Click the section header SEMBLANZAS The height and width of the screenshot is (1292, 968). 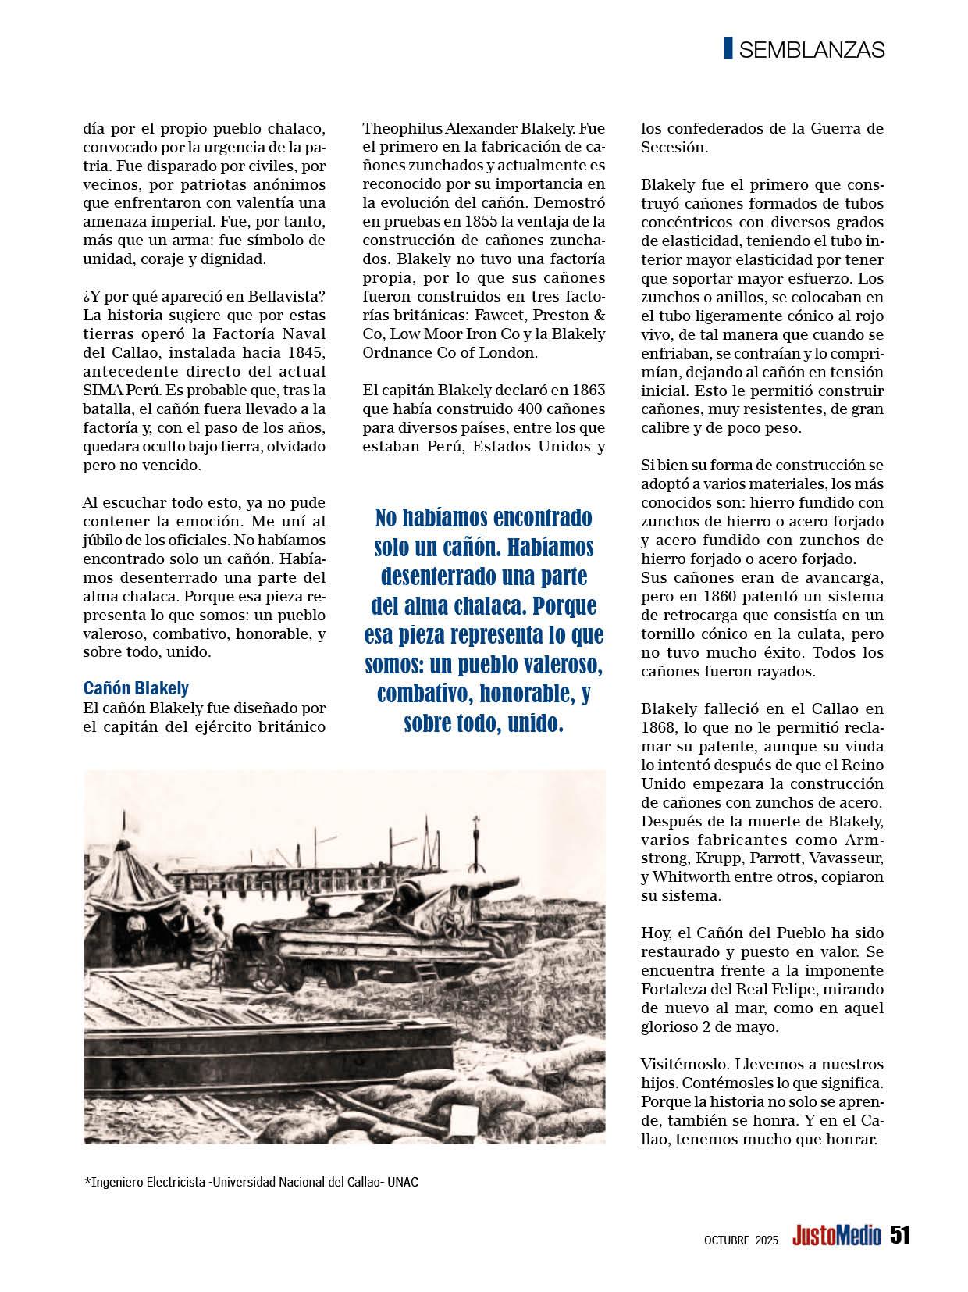811,50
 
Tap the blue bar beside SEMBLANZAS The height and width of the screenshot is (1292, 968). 728,48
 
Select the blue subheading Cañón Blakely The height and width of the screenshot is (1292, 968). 136,688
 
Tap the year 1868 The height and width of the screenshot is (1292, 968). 659,727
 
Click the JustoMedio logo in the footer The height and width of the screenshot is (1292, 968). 836,1236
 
